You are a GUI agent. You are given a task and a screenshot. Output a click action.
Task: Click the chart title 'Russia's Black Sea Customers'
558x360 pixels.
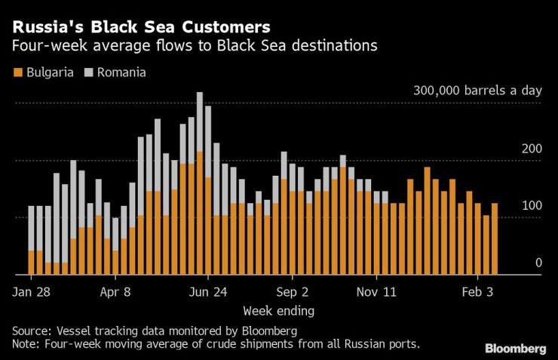pyautogui.click(x=140, y=27)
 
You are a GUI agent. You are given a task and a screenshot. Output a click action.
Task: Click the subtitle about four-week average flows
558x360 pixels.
pyautogui.click(x=195, y=46)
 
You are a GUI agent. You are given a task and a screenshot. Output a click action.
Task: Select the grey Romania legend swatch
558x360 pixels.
pyautogui.click(x=88, y=73)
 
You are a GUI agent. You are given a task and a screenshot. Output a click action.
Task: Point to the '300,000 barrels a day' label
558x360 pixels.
pyautogui.click(x=477, y=91)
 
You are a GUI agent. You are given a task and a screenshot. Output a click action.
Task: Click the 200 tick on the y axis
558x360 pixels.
pyautogui.click(x=532, y=149)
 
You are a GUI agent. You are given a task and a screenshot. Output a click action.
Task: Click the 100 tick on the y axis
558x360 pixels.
pyautogui.click(x=532, y=206)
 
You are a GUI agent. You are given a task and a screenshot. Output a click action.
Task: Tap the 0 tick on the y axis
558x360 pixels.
pyautogui.click(x=538, y=263)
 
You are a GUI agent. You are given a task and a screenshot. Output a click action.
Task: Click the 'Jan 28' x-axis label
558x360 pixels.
pyautogui.click(x=32, y=291)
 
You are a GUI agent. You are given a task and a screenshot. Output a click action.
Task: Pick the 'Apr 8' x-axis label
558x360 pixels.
pyautogui.click(x=115, y=291)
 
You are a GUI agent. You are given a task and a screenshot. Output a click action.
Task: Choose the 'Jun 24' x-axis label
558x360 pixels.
pyautogui.click(x=208, y=291)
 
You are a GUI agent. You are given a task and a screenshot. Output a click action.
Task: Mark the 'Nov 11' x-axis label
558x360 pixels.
pyautogui.click(x=376, y=291)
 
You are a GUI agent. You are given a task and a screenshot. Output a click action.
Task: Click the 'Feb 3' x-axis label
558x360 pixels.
pyautogui.click(x=477, y=291)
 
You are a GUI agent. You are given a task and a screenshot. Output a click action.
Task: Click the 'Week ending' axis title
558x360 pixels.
pyautogui.click(x=279, y=310)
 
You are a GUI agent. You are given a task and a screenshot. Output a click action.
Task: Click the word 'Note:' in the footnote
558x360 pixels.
pyautogui.click(x=28, y=344)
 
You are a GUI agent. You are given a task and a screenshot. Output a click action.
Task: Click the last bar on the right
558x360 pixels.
pyautogui.click(x=495, y=238)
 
